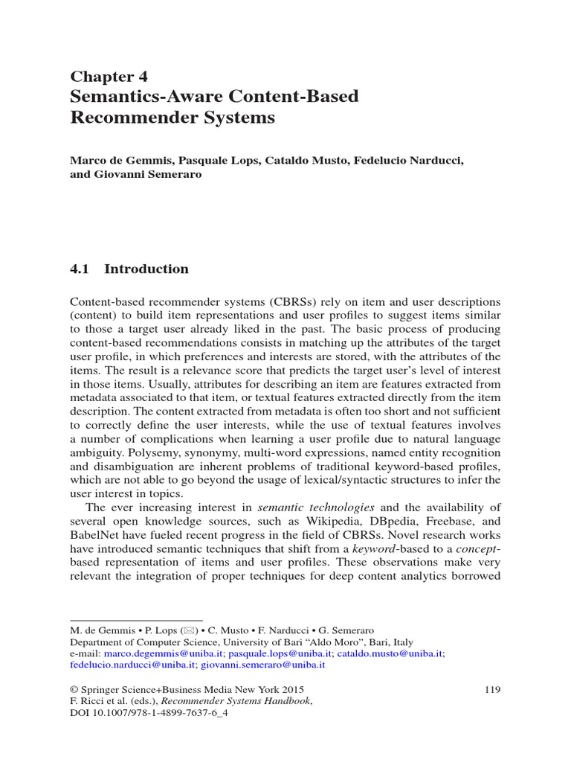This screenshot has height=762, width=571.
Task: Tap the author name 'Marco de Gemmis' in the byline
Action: (x=116, y=161)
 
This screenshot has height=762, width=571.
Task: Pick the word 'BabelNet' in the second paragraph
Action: (x=92, y=536)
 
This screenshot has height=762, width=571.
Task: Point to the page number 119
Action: (x=492, y=689)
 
